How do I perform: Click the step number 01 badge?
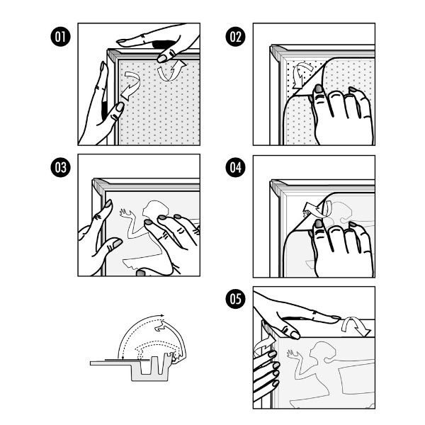coord(60,37)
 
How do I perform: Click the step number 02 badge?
coord(236,37)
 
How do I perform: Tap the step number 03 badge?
coord(60,167)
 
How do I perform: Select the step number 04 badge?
coord(236,167)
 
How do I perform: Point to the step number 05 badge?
coord(236,299)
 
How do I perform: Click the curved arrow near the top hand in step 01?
coord(171,71)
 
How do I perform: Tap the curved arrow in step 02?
coord(302,74)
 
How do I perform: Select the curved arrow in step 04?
coord(317,210)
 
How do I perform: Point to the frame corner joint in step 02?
coord(277,53)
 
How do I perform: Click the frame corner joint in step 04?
coord(277,188)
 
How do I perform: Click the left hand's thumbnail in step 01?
coord(120,106)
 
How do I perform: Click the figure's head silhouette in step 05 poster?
coord(322,351)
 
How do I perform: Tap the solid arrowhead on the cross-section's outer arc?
coord(161,315)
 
